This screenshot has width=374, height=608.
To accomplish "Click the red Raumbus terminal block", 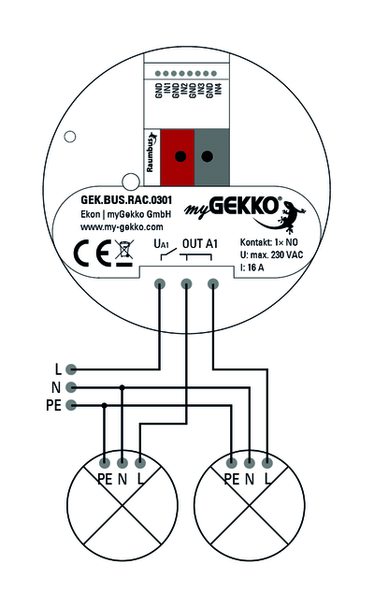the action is pyautogui.click(x=177, y=157).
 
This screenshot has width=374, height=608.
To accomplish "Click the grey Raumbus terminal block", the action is pyautogui.click(x=211, y=157).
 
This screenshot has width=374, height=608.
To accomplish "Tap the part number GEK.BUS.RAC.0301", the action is pyautogui.click(x=126, y=200).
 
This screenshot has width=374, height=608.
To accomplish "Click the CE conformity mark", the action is pyautogui.click(x=92, y=253).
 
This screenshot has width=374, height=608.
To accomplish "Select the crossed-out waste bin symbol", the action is pyautogui.click(x=124, y=253).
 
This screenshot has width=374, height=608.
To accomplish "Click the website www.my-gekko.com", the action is pyautogui.click(x=122, y=227).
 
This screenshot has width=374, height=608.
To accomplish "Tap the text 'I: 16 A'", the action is pyautogui.click(x=252, y=268).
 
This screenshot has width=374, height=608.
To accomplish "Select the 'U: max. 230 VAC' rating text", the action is pyautogui.click(x=271, y=255).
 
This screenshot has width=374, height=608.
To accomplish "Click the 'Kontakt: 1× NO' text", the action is pyautogui.click(x=269, y=242).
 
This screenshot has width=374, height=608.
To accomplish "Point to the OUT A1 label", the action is pyautogui.click(x=199, y=243).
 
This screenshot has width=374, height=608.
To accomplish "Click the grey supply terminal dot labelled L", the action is pyautogui.click(x=71, y=369).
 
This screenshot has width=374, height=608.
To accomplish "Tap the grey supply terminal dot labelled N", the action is pyautogui.click(x=71, y=387).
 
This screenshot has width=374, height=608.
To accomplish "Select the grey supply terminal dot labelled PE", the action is pyautogui.click(x=71, y=405).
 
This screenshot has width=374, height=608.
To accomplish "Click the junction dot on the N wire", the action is pyautogui.click(x=122, y=387).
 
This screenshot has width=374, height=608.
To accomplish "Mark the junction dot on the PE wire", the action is pyautogui.click(x=104, y=405).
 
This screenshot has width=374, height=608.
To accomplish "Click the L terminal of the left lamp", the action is pyautogui.click(x=140, y=463).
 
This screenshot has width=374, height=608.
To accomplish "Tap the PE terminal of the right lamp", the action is pyautogui.click(x=231, y=463).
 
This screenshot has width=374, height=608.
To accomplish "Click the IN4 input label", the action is pyautogui.click(x=219, y=89).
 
